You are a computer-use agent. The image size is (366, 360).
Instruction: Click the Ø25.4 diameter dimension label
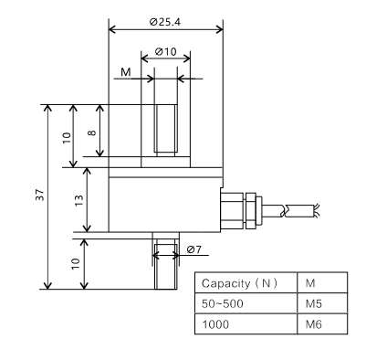click(x=165, y=22)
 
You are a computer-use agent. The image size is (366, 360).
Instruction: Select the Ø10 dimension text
click(x=165, y=52)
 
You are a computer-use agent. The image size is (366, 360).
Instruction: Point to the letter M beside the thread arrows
click(x=125, y=72)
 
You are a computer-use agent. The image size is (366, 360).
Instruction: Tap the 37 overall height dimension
click(x=40, y=195)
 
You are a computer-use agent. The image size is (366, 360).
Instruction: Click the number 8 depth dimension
click(x=92, y=132)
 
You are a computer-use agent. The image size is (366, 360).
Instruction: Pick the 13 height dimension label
click(x=78, y=200)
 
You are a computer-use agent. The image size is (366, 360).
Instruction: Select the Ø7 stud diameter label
click(x=194, y=249)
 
